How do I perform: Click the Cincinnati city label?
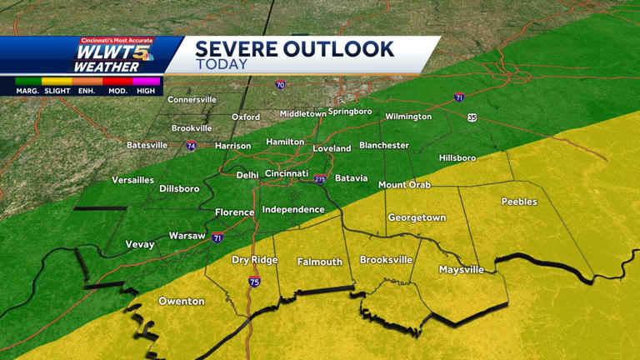point(287,173)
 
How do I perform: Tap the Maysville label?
point(462,270)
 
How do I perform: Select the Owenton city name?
point(182,301)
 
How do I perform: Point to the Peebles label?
point(519,202)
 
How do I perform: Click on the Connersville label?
point(192,100)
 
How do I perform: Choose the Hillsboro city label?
point(457,158)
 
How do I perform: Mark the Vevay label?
point(140,245)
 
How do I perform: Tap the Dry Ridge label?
point(255,260)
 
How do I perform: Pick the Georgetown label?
point(417,218)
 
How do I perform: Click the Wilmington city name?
point(408,117)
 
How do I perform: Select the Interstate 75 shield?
point(254,282)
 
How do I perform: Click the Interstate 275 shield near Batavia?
point(320,179)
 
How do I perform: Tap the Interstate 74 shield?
point(191,147)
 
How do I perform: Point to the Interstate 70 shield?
point(280,85)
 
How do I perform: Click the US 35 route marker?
point(472,117)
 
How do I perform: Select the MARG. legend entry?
point(27,91)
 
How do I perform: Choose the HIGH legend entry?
point(146,91)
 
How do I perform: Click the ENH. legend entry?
point(87,91)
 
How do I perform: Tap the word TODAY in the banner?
point(222,65)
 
